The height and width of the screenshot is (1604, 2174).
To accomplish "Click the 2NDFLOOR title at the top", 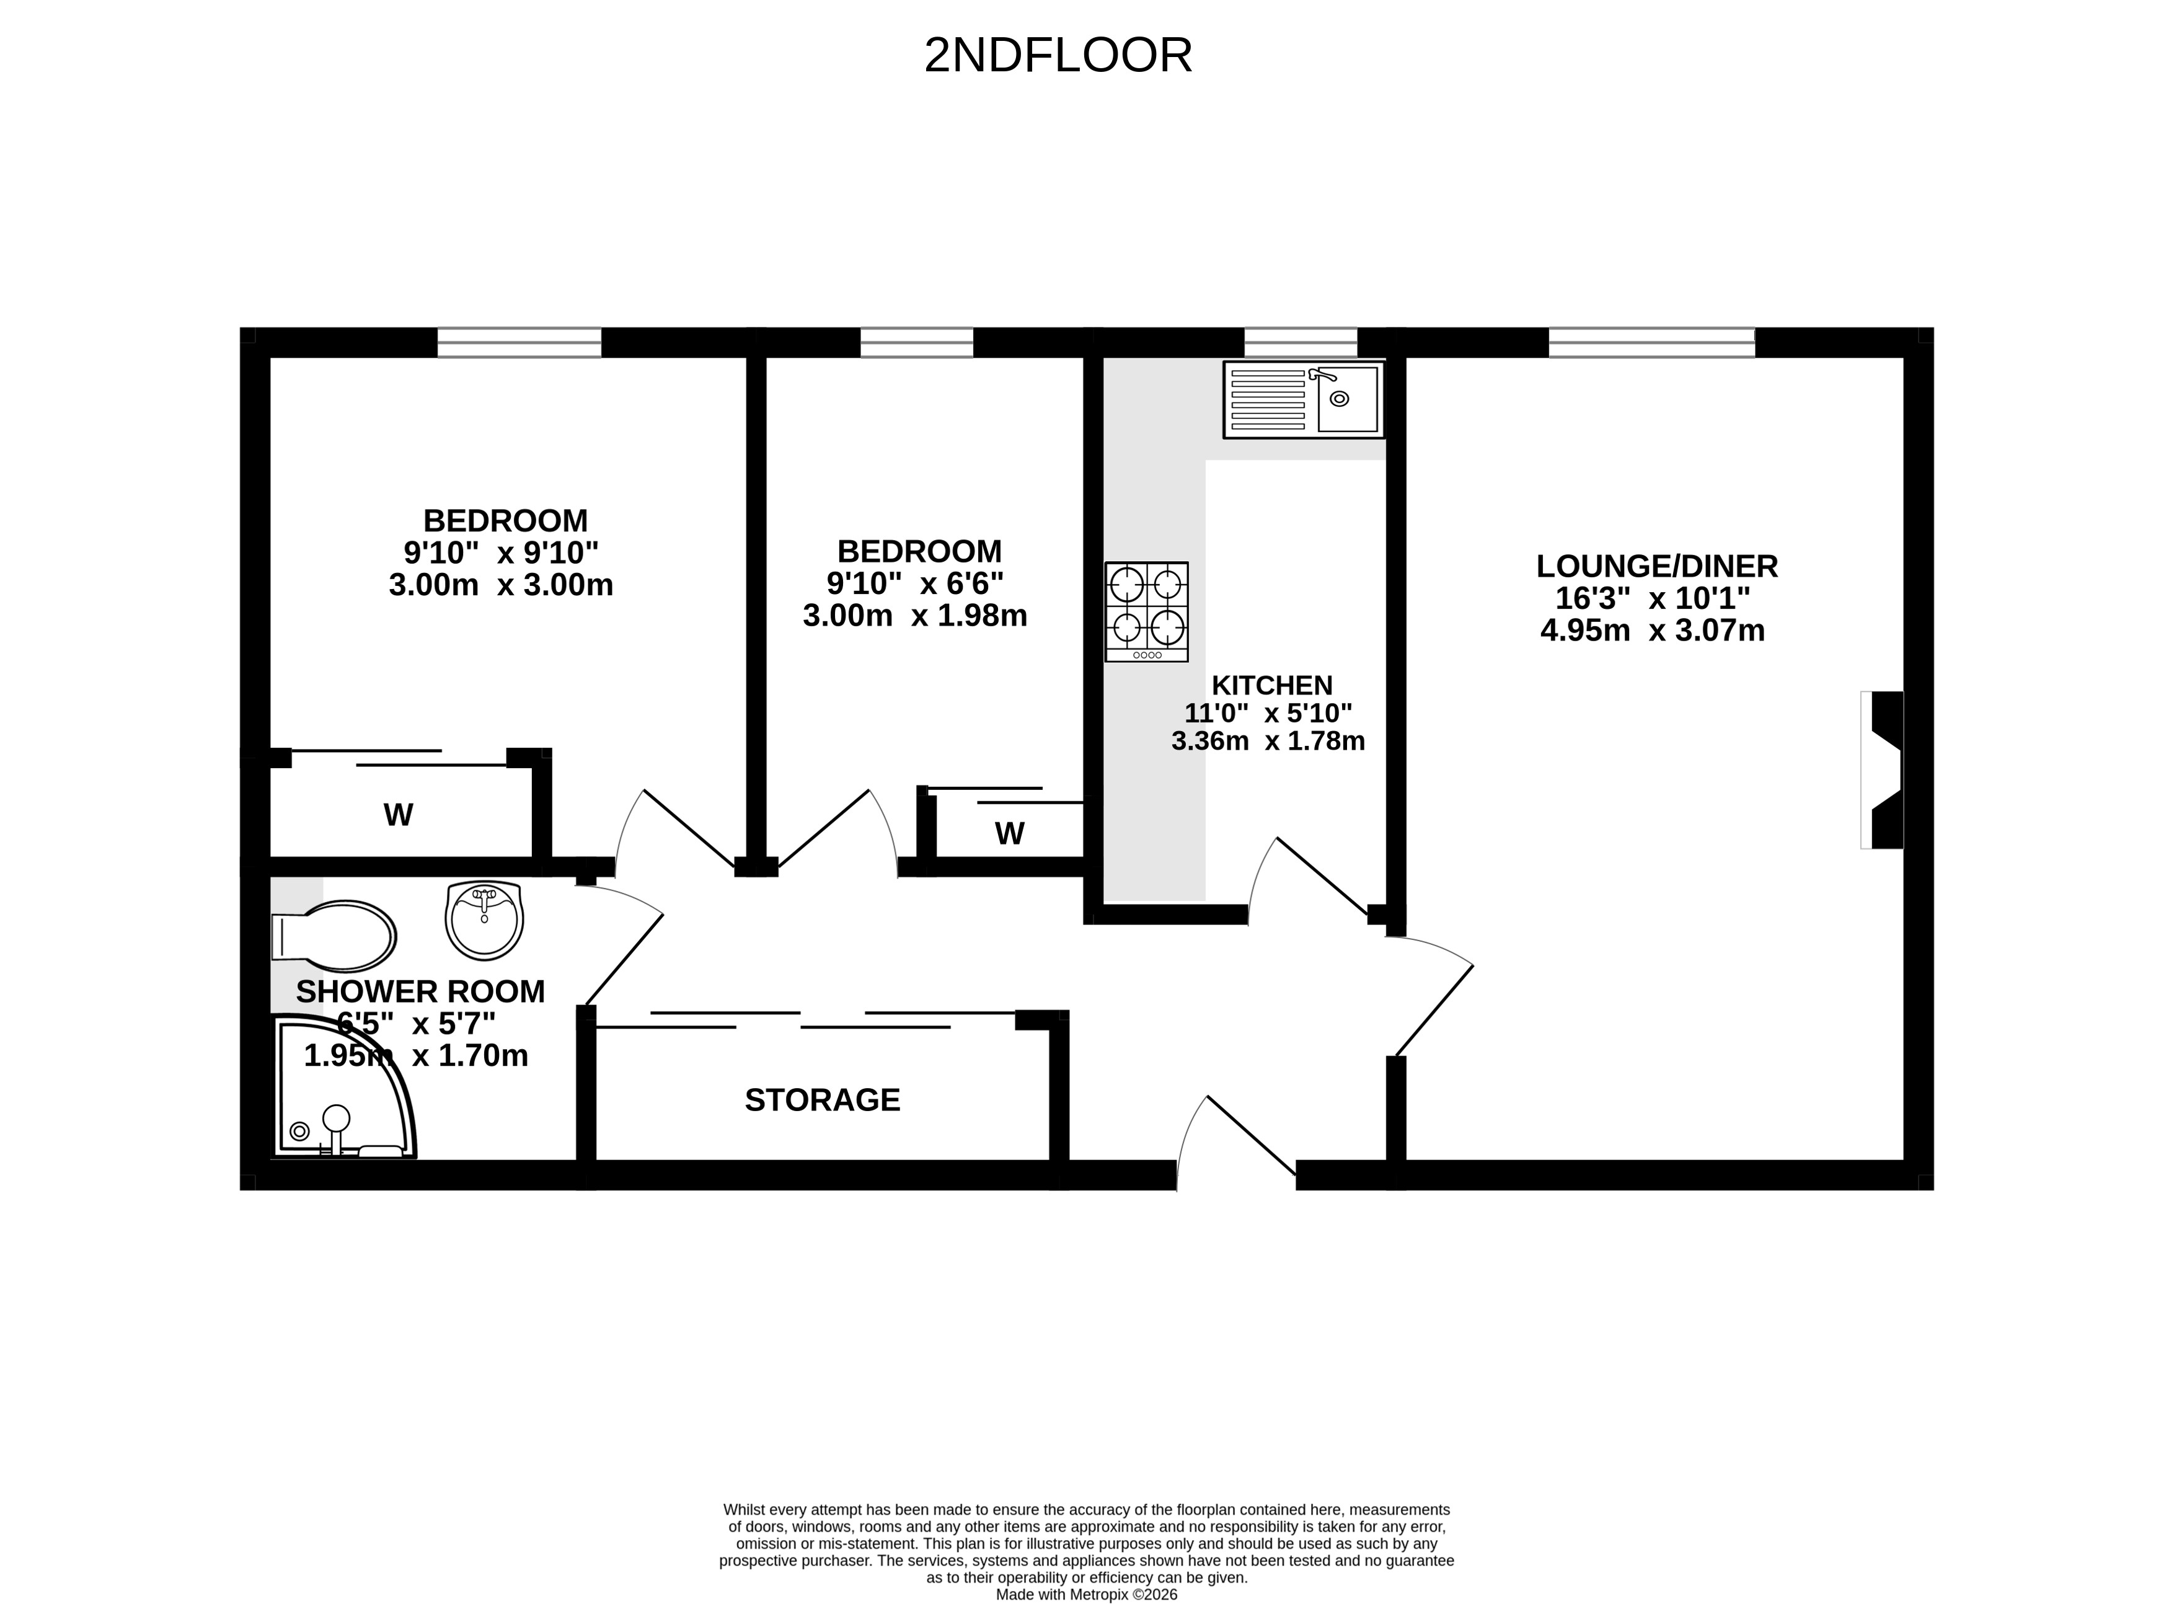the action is [x=1058, y=55].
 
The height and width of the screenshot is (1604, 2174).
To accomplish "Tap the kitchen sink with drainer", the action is [x=1304, y=399].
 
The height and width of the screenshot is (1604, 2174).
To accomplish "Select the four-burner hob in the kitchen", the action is [x=1146, y=612].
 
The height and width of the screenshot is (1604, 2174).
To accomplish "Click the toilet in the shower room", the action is [x=333, y=936].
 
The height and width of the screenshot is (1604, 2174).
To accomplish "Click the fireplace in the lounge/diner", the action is [x=1882, y=770].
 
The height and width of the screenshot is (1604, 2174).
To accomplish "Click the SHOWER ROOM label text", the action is [x=420, y=991].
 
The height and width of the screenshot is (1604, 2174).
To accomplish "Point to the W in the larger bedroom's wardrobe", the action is [x=398, y=815].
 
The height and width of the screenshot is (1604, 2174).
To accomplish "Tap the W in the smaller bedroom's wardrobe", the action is [x=1009, y=833].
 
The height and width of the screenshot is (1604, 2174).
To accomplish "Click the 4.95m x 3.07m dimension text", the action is [x=1653, y=630].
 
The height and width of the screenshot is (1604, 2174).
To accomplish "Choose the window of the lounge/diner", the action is [x=1652, y=343].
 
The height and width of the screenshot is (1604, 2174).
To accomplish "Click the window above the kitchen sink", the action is [x=1301, y=343].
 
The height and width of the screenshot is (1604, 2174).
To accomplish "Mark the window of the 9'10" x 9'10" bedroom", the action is [x=519, y=343].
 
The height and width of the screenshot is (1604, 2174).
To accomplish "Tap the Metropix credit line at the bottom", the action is [x=1087, y=1594].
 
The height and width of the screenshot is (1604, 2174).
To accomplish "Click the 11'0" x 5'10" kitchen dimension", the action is [x=1268, y=712].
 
